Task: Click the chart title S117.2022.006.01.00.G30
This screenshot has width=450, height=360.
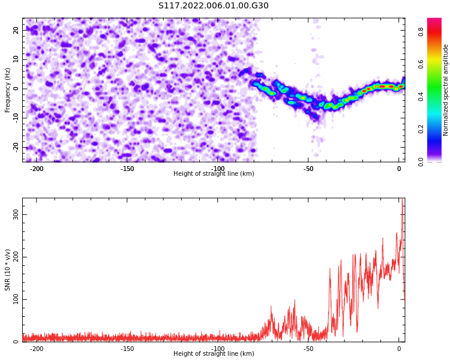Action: click(214, 5)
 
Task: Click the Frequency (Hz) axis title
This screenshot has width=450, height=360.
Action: click(7, 90)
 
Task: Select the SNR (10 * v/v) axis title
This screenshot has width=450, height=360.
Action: click(7, 270)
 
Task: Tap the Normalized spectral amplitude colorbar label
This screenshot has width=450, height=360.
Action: click(445, 90)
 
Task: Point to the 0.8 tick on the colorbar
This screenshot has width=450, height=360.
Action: click(421, 32)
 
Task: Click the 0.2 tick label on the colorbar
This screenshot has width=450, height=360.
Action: click(421, 129)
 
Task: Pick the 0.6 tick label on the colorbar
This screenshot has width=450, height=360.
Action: click(421, 65)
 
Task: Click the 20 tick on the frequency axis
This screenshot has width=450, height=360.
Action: click(16, 30)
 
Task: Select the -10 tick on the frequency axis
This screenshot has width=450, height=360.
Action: click(16, 118)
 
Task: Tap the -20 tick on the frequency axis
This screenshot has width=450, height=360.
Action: click(16, 147)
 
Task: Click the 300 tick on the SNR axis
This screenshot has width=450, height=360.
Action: click(16, 214)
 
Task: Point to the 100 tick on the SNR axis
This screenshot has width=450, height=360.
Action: click(16, 299)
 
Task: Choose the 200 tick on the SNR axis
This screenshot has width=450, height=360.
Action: click(16, 257)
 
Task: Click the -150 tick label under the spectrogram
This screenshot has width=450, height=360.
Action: click(127, 169)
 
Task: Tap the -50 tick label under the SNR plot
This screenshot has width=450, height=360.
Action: click(308, 349)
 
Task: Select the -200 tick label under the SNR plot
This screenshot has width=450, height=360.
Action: click(37, 349)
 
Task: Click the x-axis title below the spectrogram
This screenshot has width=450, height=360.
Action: click(214, 173)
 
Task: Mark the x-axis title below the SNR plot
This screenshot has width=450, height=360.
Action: click(214, 353)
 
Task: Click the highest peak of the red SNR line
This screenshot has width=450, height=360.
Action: click(403, 199)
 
